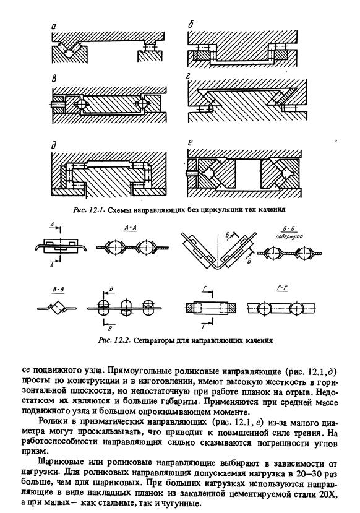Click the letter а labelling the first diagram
54,28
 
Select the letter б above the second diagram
191,25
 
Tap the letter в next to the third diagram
54,79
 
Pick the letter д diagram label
54,145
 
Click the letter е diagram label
191,142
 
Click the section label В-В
58,290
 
